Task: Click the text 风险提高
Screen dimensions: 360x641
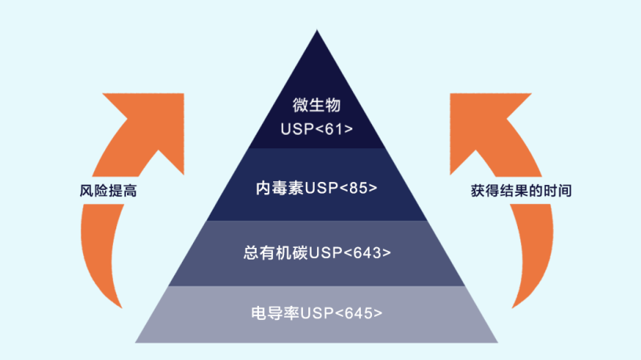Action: click(107, 191)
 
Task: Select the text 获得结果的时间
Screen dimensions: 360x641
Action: click(520, 191)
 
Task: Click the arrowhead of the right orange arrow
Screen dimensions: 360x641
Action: click(490, 118)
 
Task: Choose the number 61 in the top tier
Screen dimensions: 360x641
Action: click(330, 128)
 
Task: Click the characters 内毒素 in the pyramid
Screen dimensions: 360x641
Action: click(279, 188)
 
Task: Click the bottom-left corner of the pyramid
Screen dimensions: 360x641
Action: click(136, 341)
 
